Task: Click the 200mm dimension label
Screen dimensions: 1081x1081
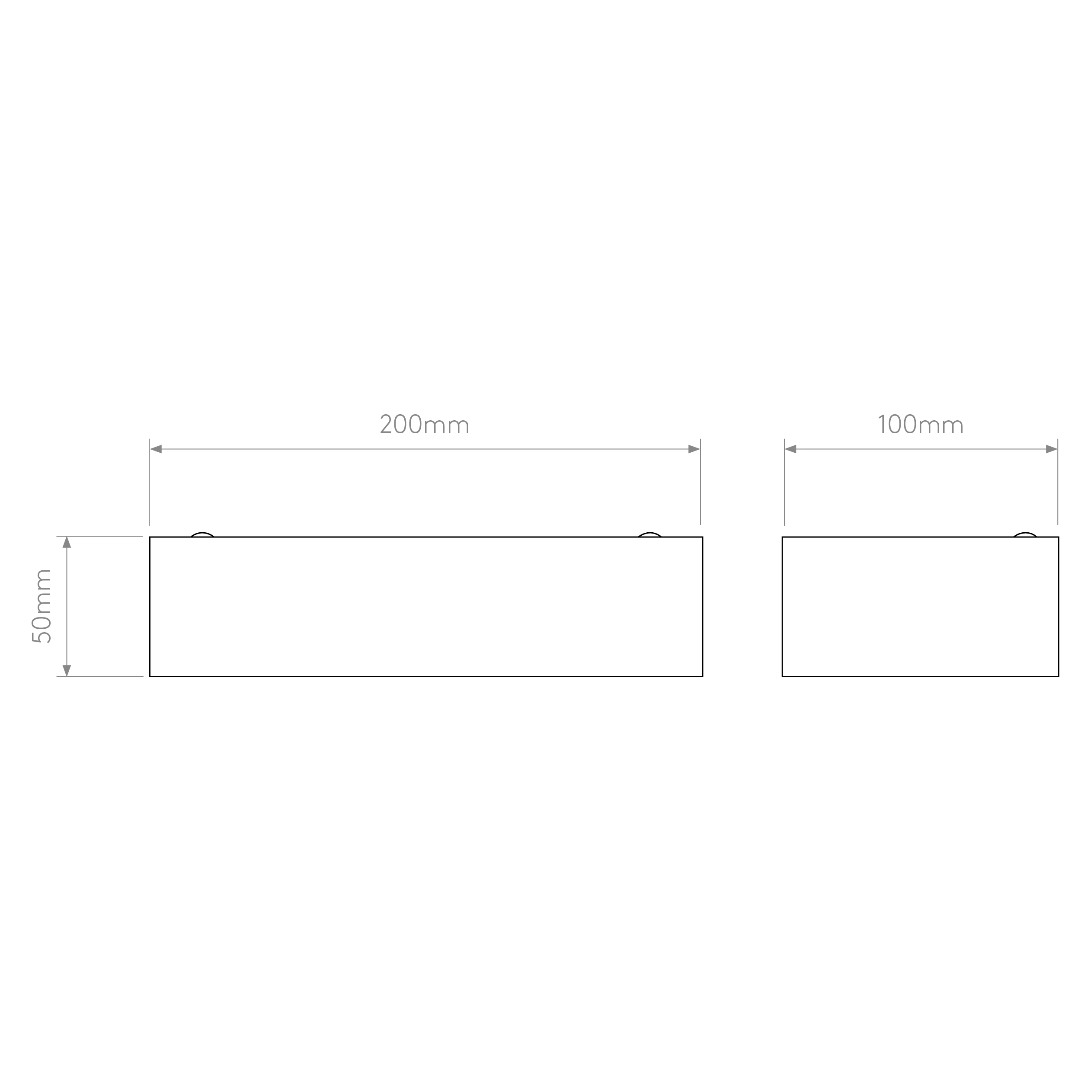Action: [424, 424]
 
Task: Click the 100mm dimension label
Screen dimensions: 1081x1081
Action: [921, 424]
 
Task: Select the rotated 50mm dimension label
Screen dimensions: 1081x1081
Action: [42, 606]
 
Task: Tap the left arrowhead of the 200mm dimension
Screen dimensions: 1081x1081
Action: [156, 449]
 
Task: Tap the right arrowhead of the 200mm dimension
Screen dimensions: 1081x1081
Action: [694, 449]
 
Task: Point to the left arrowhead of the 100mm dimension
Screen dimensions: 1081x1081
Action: [790, 449]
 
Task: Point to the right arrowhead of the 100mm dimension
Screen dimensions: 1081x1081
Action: [1051, 449]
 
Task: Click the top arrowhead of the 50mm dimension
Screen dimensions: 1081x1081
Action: [67, 542]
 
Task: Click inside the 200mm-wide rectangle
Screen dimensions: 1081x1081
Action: [426, 607]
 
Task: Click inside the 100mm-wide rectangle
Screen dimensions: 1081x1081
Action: [921, 607]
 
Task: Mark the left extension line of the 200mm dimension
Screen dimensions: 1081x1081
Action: [149, 482]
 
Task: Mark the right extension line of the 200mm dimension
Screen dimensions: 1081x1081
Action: [700, 482]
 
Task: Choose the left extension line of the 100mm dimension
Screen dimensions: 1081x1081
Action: [784, 482]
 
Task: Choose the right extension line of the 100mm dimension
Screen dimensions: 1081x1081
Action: [1058, 482]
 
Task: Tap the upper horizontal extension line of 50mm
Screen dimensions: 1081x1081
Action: [99, 536]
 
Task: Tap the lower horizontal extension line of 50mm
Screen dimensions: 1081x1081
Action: [99, 676]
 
